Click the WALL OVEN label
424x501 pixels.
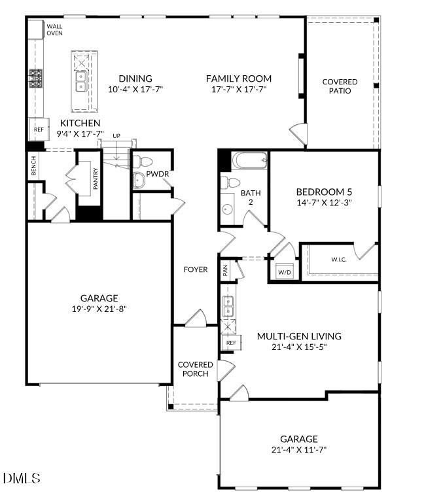(54, 29)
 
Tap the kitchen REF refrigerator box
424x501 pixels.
(39, 129)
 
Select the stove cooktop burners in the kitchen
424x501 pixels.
(35, 78)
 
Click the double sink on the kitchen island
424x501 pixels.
(81, 82)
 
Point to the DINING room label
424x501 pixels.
(135, 78)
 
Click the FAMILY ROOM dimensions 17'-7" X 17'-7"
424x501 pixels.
(239, 90)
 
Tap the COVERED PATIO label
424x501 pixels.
(340, 86)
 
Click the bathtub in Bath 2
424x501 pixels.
(250, 160)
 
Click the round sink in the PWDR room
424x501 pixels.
(139, 181)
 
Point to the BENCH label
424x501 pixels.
(33, 166)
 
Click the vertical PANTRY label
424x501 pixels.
(96, 179)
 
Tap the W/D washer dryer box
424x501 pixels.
(285, 271)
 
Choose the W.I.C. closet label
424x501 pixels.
(339, 260)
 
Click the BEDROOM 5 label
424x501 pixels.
(324, 192)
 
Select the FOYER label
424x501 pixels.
(196, 269)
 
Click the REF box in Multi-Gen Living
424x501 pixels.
(231, 343)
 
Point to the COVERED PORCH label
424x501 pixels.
(196, 369)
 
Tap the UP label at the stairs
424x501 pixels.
(116, 136)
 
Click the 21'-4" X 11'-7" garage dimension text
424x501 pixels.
(299, 449)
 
